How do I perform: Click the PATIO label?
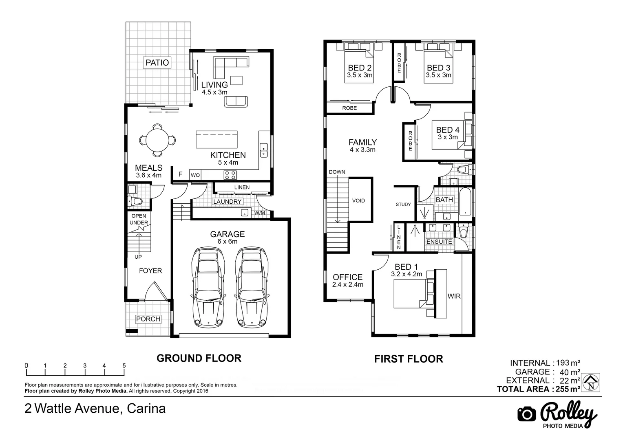157,63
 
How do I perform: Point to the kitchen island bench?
217,140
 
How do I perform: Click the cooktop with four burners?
230,175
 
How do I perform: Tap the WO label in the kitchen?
195,175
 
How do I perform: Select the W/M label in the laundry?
259,213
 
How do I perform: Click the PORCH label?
148,319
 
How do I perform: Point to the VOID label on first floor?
358,200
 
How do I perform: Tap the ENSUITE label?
439,242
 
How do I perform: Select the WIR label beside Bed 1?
454,296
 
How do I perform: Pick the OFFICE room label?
347,277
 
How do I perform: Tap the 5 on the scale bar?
124,365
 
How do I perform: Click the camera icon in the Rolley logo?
526,414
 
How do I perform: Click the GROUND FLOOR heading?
199,358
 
